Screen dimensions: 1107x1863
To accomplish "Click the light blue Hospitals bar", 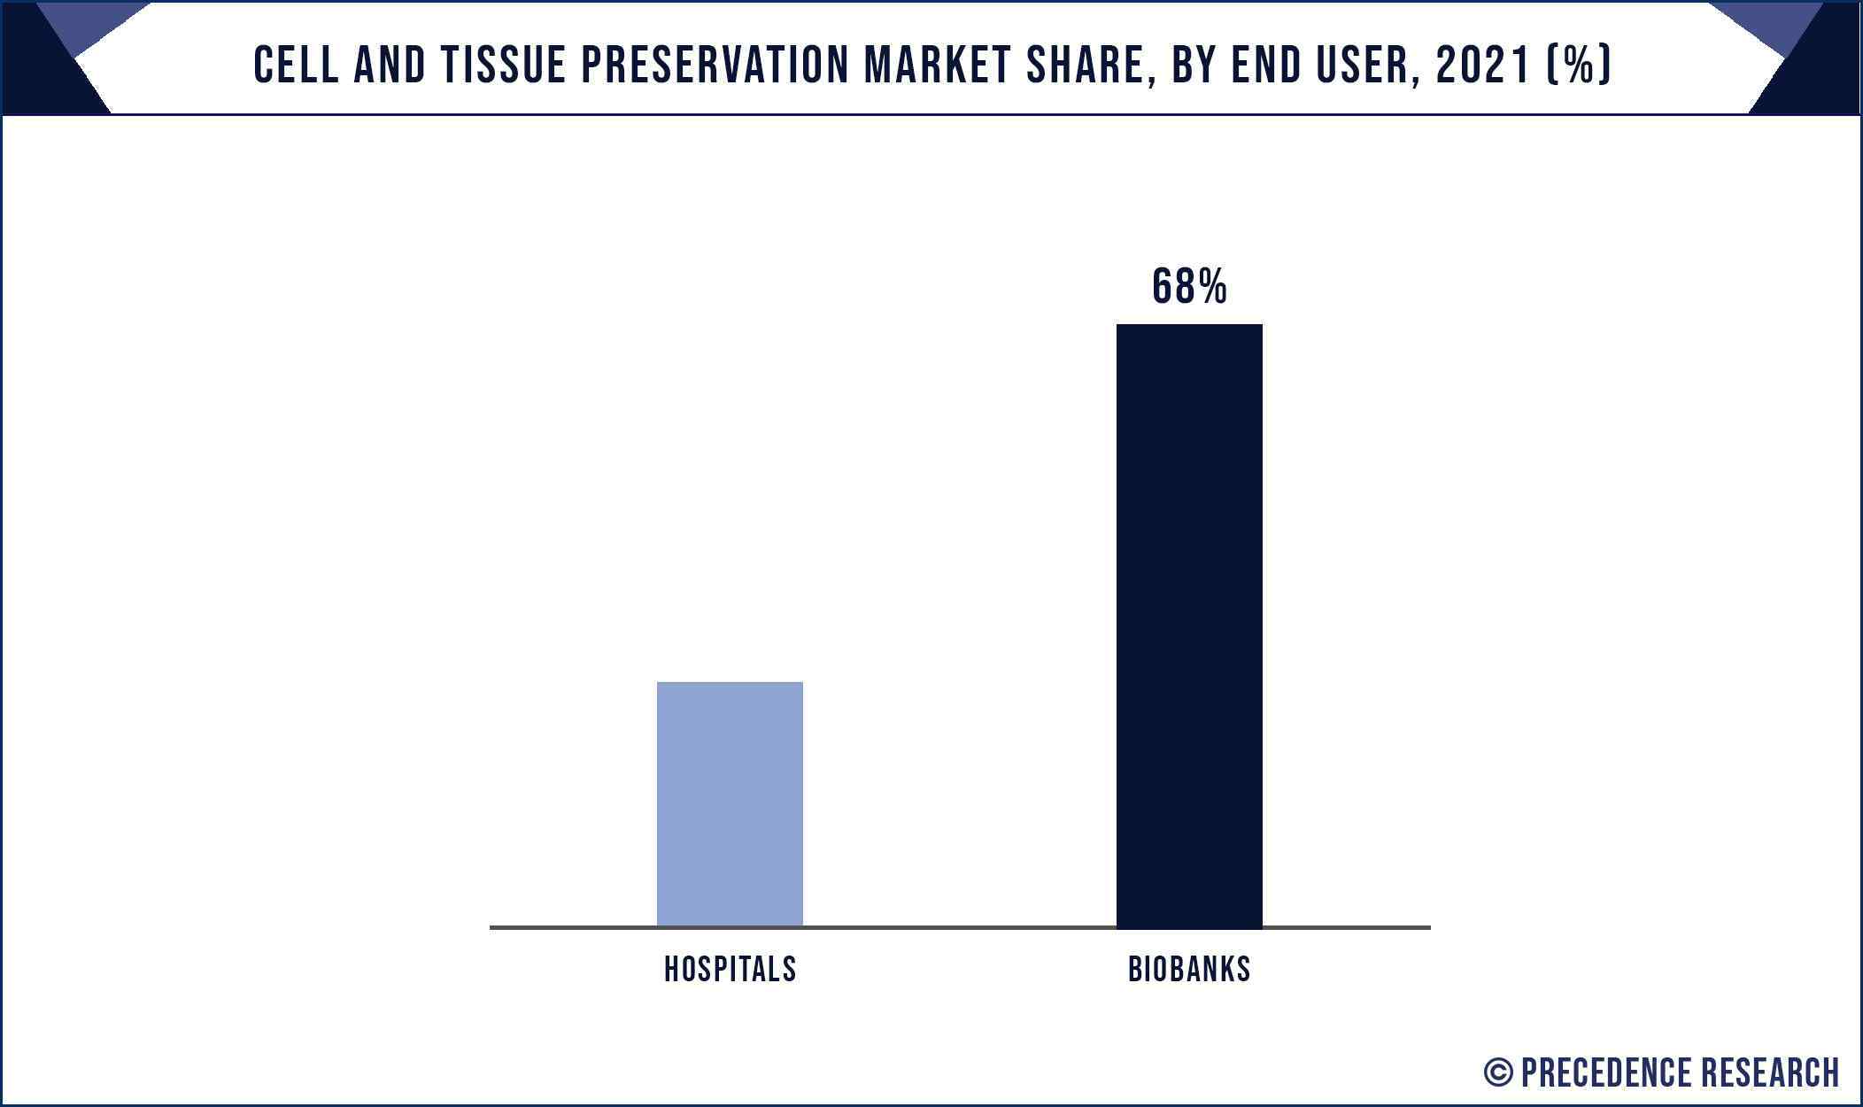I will (x=730, y=803).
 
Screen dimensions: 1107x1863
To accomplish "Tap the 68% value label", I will (x=1189, y=287).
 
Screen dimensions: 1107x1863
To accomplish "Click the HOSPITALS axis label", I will (x=730, y=970).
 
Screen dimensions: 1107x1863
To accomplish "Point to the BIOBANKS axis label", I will (x=1189, y=970).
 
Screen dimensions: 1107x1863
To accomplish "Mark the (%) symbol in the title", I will (x=1579, y=66).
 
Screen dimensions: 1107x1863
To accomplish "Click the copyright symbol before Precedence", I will (x=1497, y=1072).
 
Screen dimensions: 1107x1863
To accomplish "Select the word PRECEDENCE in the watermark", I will (x=1607, y=1072).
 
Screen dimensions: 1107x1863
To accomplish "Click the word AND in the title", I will (x=390, y=66).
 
